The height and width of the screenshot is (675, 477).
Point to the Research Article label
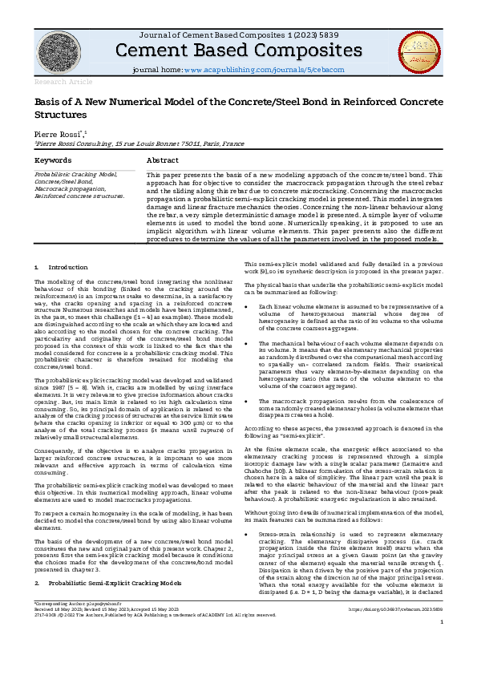click(x=52, y=82)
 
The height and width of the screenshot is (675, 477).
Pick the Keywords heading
click(x=53, y=160)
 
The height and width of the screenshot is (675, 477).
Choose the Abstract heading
click(x=162, y=160)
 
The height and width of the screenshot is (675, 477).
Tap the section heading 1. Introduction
click(x=62, y=266)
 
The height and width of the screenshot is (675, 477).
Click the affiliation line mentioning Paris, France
click(x=128, y=143)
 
